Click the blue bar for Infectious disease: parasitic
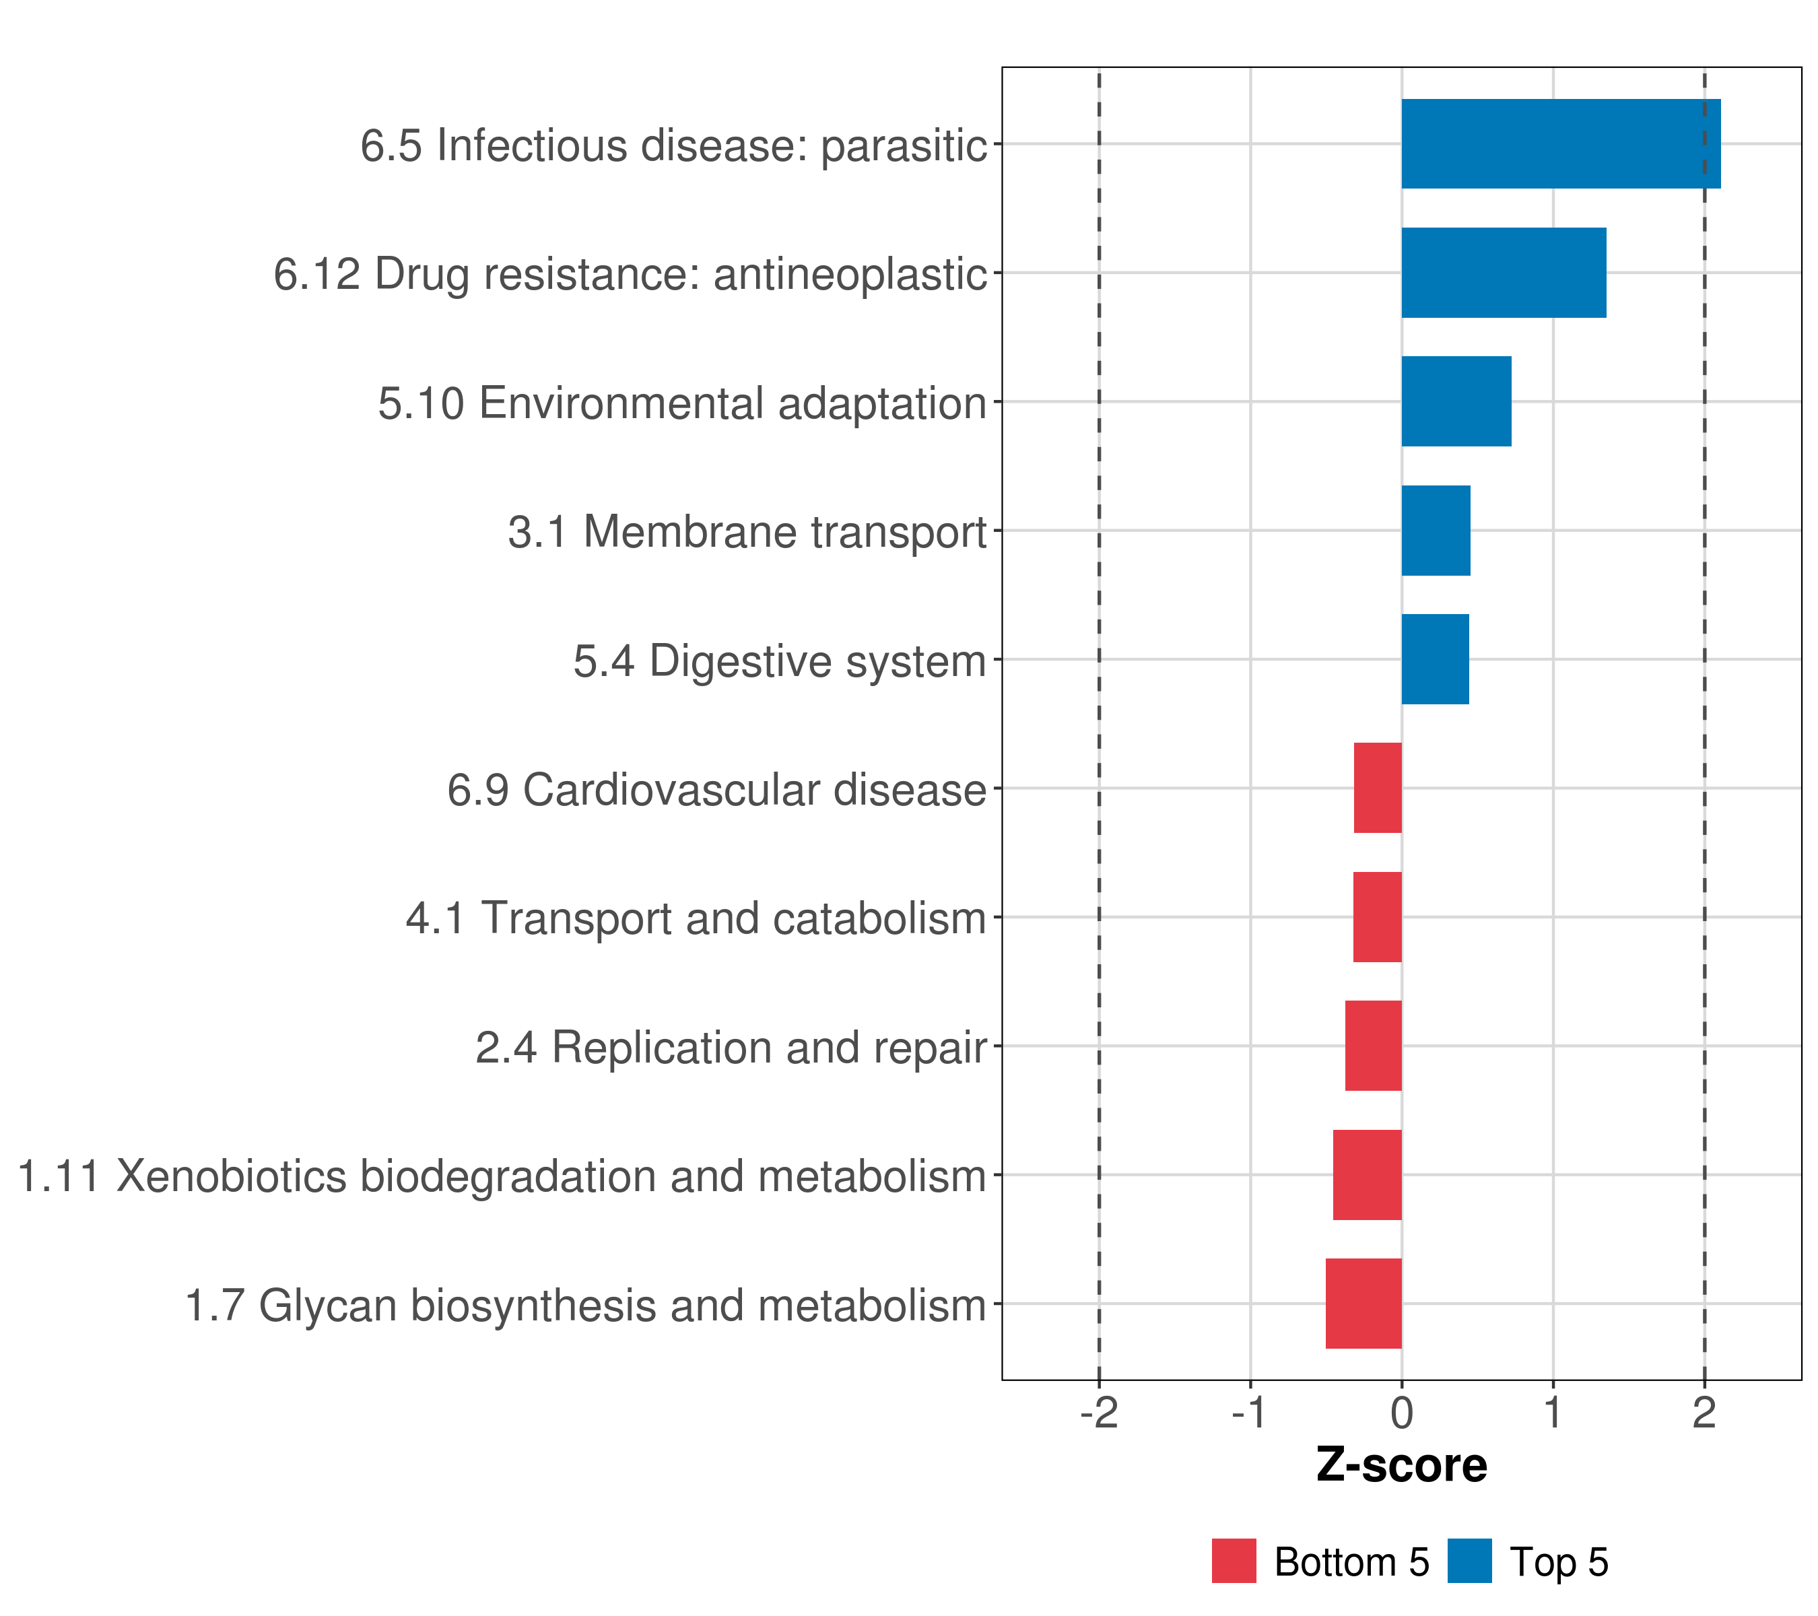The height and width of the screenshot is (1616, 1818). (1560, 144)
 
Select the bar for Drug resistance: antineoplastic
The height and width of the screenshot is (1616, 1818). (1503, 273)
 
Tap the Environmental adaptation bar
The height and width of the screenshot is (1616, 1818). (1456, 401)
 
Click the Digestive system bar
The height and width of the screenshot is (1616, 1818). (1435, 659)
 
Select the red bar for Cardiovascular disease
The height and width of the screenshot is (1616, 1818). (1377, 788)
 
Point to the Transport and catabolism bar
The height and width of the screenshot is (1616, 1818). (1377, 917)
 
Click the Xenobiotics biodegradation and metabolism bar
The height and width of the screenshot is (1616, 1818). (1366, 1175)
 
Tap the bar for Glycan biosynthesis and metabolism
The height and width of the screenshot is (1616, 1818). (1363, 1304)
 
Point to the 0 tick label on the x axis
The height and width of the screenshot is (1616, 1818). (1402, 1413)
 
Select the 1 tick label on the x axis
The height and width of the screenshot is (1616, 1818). (1553, 1413)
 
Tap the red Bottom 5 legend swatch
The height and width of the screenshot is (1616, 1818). (1234, 1561)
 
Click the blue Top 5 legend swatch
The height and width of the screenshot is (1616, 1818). (1469, 1561)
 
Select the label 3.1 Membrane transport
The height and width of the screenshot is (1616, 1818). (747, 533)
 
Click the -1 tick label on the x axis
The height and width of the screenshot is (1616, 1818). (1250, 1413)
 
